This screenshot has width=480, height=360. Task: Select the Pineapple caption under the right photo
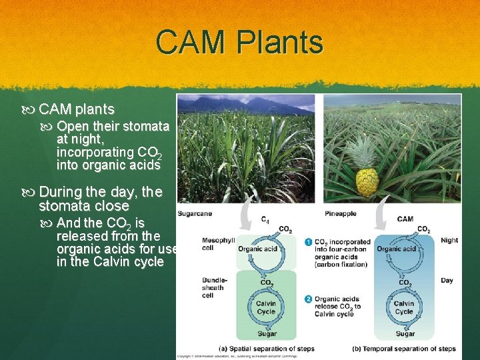[340, 214]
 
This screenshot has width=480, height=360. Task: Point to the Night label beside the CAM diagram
[449, 240]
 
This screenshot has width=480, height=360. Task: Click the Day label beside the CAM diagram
[447, 280]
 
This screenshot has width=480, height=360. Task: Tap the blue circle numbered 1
[308, 241]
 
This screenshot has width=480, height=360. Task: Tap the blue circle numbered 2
[308, 299]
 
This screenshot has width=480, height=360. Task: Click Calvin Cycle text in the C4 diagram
[265, 307]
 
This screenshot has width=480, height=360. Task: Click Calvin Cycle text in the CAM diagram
[404, 307]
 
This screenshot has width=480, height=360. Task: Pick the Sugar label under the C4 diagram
[266, 333]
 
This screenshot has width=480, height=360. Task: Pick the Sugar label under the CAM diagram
[405, 333]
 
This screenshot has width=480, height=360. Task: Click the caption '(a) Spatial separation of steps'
[267, 348]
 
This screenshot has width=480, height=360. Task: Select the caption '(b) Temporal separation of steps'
[404, 348]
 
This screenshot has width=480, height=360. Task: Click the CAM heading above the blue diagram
[405, 219]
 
